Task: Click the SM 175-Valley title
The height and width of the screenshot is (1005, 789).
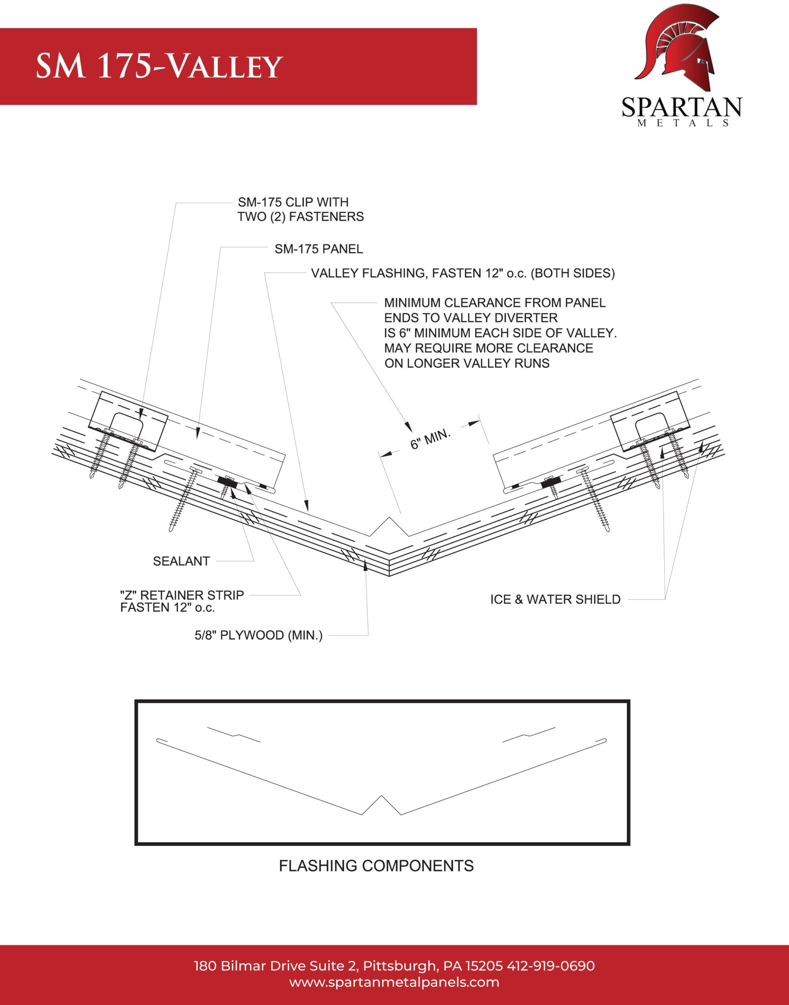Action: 159,66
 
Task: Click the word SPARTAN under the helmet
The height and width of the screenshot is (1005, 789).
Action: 681,107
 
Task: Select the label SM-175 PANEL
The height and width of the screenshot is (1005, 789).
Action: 319,249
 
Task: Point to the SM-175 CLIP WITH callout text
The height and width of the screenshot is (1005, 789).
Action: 293,202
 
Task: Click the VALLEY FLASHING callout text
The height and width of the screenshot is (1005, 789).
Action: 463,273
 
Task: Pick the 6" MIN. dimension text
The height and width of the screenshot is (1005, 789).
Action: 431,439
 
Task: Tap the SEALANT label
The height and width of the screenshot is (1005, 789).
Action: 181,561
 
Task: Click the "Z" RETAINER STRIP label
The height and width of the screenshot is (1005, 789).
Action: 182,595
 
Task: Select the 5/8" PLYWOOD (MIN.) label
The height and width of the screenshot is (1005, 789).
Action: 259,636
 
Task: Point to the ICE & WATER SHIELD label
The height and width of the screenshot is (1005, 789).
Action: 555,599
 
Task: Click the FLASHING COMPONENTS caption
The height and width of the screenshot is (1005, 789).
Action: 376,866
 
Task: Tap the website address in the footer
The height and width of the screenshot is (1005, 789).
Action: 394,982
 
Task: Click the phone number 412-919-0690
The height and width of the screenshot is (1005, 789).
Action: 551,966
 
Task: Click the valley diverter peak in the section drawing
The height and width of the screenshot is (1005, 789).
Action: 390,518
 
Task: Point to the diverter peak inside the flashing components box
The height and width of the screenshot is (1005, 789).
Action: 381,796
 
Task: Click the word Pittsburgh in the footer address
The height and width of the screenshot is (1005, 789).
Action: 399,966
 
